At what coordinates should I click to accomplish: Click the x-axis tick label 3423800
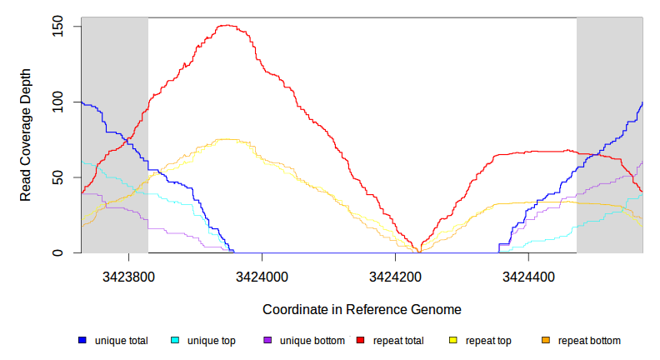(127, 274)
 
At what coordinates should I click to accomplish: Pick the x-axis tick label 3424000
(261, 274)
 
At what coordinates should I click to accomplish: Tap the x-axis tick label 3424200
(394, 274)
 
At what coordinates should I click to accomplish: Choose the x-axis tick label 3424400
(527, 274)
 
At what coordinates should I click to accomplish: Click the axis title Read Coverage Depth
(26, 136)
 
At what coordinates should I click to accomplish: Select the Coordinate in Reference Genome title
(362, 309)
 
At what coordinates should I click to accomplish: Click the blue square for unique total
(82, 340)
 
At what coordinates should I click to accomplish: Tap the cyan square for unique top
(175, 340)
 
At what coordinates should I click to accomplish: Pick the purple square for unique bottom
(267, 340)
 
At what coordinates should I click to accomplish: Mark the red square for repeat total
(361, 340)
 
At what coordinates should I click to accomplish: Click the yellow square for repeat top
(453, 340)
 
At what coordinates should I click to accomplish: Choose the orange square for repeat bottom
(546, 340)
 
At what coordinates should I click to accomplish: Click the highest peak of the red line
(228, 26)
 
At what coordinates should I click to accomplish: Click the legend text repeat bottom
(589, 340)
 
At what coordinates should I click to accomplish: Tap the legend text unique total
(121, 340)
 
